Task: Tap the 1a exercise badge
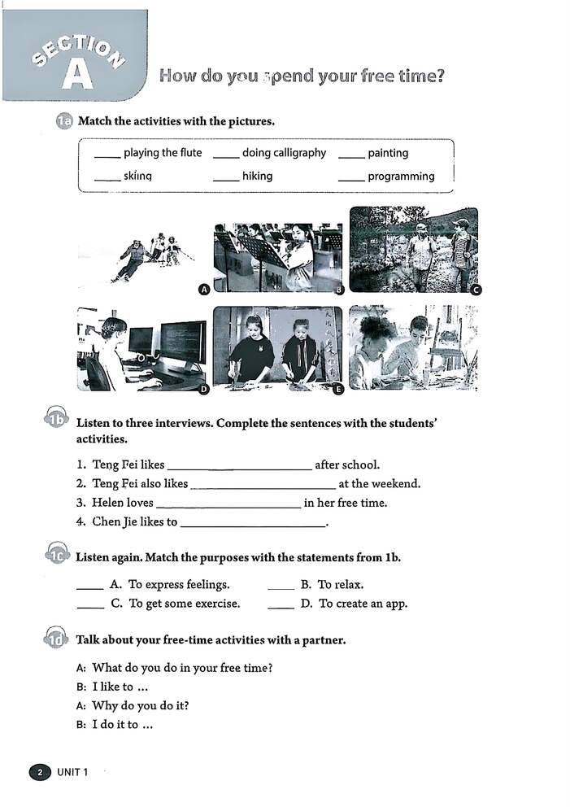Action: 63,122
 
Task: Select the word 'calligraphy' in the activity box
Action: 298,153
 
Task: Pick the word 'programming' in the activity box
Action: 401,177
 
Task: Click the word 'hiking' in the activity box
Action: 257,176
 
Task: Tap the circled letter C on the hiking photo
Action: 476,290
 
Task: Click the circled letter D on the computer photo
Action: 204,390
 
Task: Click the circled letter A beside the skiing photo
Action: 204,290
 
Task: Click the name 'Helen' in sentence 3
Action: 107,503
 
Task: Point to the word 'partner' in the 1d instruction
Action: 323,640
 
